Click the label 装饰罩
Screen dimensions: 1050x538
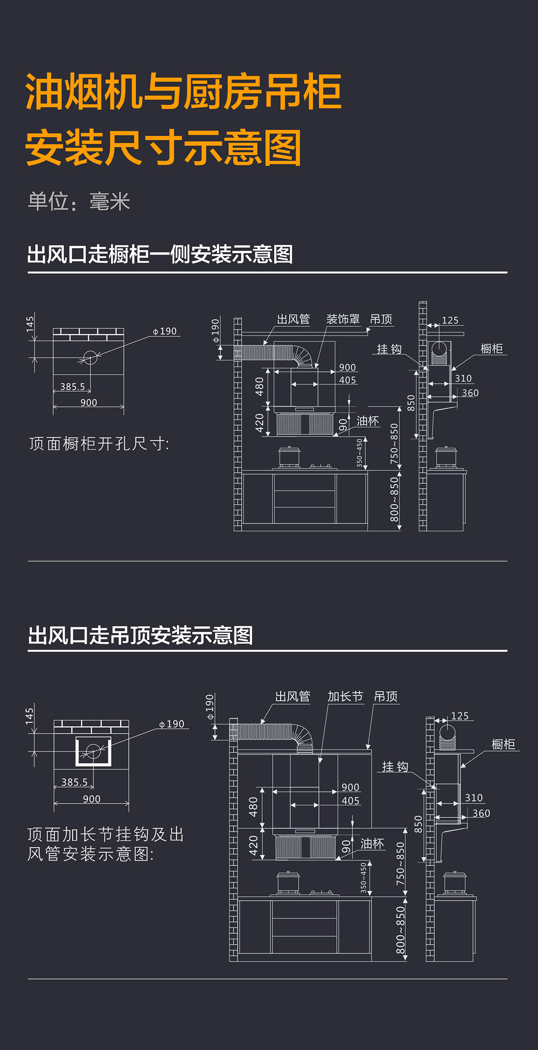click(343, 319)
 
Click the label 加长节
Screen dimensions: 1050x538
click(345, 696)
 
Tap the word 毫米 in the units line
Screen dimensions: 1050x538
click(109, 202)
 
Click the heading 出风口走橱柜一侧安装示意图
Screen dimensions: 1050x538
click(160, 254)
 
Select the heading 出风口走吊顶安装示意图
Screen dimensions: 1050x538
click(140, 635)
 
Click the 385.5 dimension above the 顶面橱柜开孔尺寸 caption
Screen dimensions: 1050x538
click(73, 386)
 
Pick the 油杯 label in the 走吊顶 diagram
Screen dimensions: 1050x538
click(372, 844)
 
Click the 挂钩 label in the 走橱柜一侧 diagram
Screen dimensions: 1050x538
click(389, 349)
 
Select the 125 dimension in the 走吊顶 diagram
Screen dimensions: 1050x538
click(460, 716)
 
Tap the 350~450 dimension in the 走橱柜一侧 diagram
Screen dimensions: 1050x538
click(360, 453)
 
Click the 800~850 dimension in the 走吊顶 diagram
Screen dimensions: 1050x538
click(400, 930)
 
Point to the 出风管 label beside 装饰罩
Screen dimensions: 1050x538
click(293, 319)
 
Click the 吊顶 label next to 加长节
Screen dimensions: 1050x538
click(386, 696)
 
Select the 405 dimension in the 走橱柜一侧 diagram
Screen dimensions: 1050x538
click(347, 380)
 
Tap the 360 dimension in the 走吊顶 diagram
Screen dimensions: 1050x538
click(481, 813)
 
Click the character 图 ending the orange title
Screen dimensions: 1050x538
click(282, 148)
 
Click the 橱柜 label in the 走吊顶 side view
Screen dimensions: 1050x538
click(503, 744)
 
